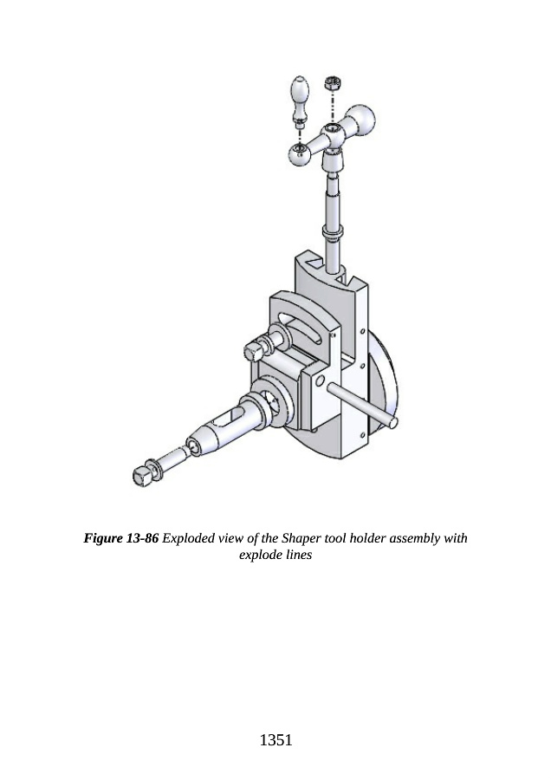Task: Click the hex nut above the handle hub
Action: click(x=332, y=82)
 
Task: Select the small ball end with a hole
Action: click(x=300, y=153)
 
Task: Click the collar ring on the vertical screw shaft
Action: click(x=333, y=231)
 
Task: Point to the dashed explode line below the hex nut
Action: click(x=332, y=107)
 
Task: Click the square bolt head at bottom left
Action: click(x=143, y=476)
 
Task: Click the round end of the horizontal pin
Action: click(x=392, y=423)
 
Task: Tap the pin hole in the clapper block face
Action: click(x=321, y=381)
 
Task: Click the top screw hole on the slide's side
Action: click(x=362, y=331)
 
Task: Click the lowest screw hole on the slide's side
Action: click(x=362, y=436)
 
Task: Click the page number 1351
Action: click(x=276, y=740)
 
